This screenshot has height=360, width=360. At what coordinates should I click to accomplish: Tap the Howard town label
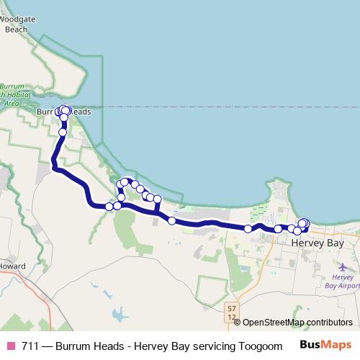(12, 266)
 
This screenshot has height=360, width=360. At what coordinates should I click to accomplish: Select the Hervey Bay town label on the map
(319, 243)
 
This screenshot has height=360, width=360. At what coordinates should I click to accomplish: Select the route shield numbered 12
(230, 317)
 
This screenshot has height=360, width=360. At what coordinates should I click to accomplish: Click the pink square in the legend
(10, 346)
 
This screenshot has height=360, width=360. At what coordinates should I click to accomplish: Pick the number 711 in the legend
(30, 346)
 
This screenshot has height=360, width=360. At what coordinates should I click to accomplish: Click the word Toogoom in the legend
(257, 346)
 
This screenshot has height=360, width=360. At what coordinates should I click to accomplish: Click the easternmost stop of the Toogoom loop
(157, 199)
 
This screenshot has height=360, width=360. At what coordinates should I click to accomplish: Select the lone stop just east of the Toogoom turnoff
(172, 220)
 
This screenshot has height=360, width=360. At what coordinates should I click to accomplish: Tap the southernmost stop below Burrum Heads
(63, 132)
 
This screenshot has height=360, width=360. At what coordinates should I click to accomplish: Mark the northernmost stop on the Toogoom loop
(125, 182)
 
